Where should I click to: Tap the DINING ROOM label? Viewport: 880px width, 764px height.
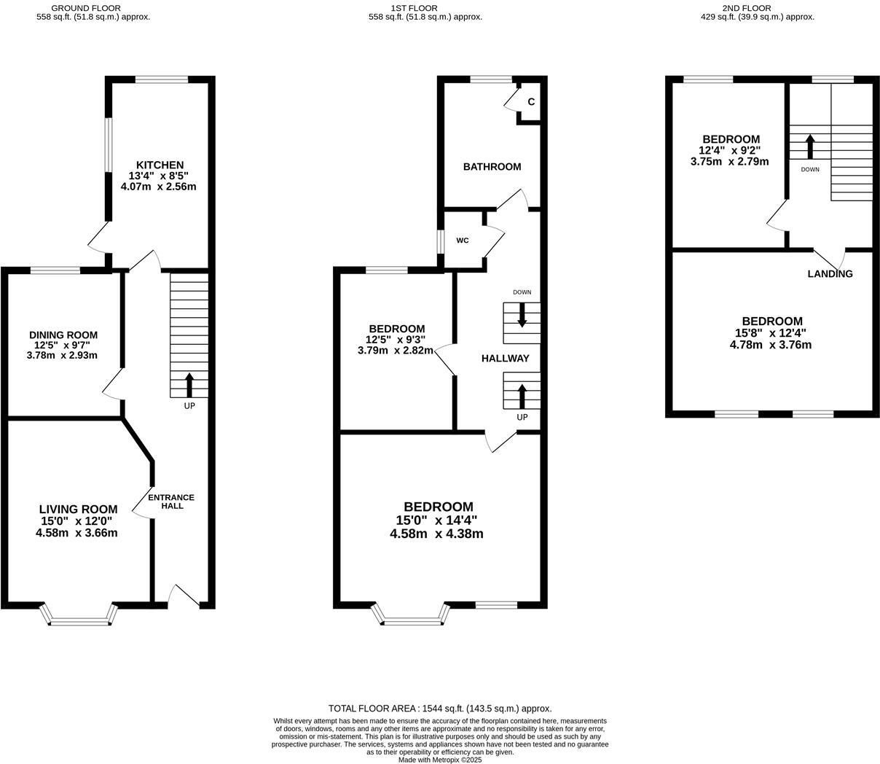click(63, 335)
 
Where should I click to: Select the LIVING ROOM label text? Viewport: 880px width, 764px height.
click(78, 509)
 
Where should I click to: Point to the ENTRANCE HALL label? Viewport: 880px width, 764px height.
click(171, 502)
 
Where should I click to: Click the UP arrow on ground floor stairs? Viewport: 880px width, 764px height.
click(190, 384)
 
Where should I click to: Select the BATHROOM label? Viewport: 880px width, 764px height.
click(492, 167)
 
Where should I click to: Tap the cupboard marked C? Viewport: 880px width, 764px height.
click(531, 102)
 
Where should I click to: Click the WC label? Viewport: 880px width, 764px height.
click(463, 241)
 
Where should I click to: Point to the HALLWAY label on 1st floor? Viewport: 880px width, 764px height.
click(505, 358)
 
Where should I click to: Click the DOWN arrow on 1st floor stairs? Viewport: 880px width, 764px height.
click(522, 315)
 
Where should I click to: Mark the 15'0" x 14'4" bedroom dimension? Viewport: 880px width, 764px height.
click(436, 521)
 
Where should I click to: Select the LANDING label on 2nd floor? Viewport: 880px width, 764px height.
click(830, 274)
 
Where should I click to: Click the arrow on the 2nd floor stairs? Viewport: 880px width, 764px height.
click(809, 146)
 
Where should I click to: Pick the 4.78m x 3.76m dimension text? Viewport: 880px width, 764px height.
click(770, 345)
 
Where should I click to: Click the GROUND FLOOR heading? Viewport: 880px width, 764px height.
click(86, 8)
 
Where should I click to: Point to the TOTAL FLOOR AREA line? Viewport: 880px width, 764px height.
click(439, 708)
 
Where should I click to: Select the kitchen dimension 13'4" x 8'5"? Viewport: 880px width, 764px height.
click(158, 176)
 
